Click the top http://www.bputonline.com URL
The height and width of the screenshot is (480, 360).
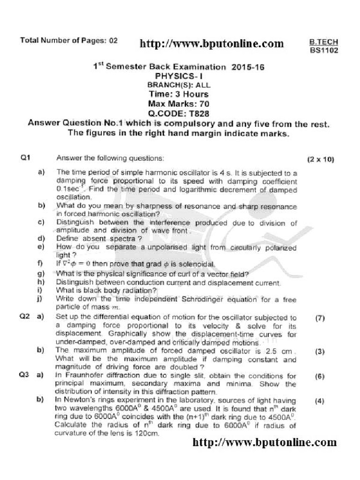tap(212, 44)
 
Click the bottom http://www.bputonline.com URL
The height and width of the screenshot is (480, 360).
tap(264, 442)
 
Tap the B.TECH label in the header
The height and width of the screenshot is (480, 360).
tap(323, 41)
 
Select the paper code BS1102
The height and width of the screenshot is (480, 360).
tap(323, 50)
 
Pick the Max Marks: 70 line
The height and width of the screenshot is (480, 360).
tap(179, 104)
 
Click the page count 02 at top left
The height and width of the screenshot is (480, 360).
tap(112, 40)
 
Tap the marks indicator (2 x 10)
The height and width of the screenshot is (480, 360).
tap(321, 159)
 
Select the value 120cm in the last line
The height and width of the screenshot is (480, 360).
tap(147, 434)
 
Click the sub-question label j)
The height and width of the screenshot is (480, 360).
tap(41, 298)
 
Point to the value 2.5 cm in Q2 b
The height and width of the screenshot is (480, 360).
tap(282, 351)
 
